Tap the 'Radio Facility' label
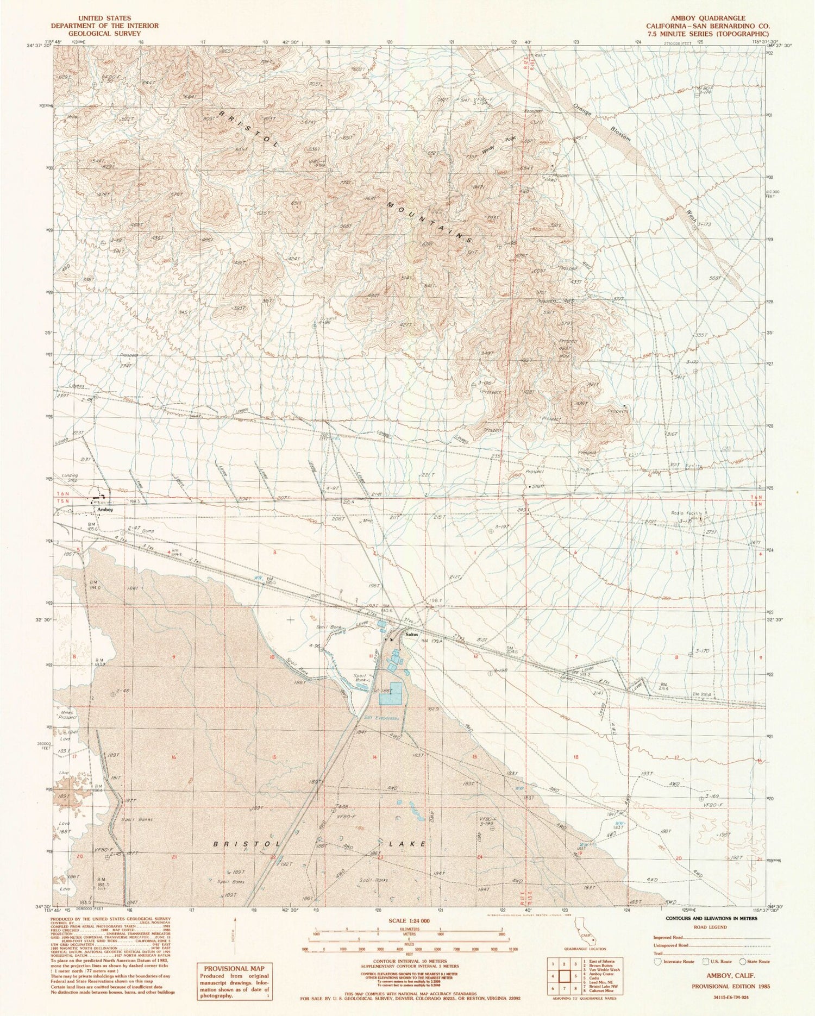[688, 513]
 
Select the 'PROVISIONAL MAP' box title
[234, 968]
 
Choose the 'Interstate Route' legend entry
[679, 961]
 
